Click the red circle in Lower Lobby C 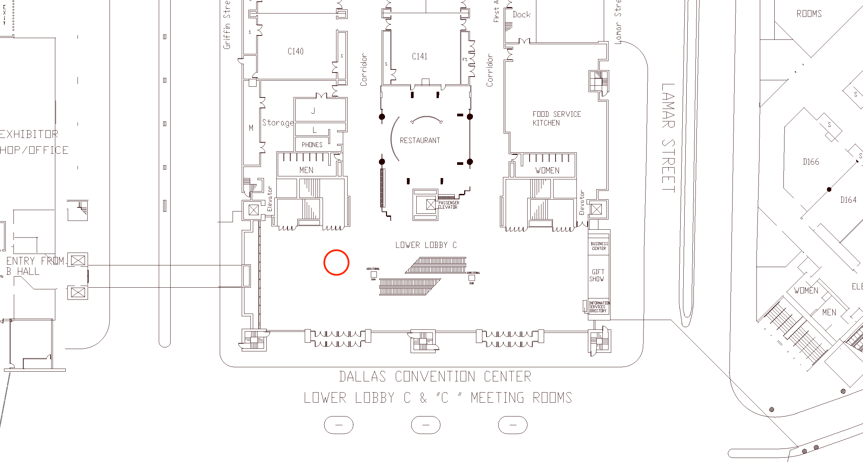click(336, 262)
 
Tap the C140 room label click(295, 51)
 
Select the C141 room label click(419, 56)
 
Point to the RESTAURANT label click(420, 140)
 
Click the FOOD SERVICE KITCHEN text click(557, 118)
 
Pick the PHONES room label click(312, 145)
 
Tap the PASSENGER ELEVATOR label click(448, 205)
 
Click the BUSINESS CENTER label click(599, 246)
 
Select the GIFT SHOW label click(597, 275)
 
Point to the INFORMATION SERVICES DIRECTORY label click(599, 307)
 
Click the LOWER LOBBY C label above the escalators click(426, 245)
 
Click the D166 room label click(811, 162)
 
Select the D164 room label click(848, 200)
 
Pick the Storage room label click(278, 123)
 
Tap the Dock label click(521, 15)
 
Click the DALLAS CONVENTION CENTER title click(435, 377)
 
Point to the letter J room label click(313, 111)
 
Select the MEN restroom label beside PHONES click(306, 170)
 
